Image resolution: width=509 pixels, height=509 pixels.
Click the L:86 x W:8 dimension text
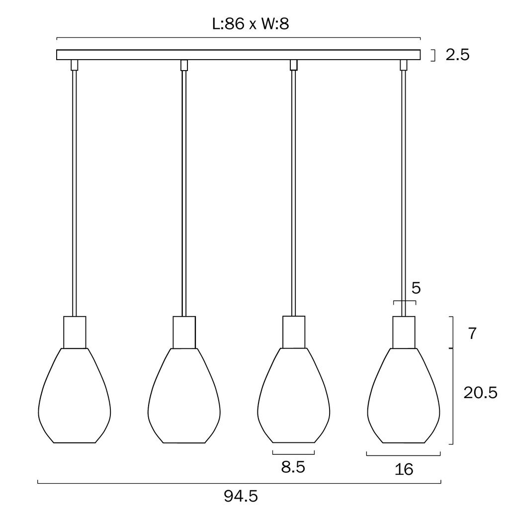[251, 24]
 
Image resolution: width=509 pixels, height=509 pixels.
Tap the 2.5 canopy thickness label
[458, 55]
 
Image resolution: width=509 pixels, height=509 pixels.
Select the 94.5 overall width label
[241, 496]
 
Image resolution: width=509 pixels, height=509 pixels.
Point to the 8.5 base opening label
[293, 467]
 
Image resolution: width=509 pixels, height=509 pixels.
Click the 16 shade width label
[404, 469]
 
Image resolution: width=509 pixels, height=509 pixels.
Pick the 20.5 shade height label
[481, 393]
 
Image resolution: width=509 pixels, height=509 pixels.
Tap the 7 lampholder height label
[472, 334]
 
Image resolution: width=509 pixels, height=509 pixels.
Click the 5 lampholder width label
[416, 288]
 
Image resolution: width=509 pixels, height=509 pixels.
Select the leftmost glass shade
[75, 395]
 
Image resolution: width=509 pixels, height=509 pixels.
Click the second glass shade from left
[184, 395]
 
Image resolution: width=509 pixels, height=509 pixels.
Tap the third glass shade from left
[294, 395]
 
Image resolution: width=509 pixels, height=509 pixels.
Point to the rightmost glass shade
[404, 395]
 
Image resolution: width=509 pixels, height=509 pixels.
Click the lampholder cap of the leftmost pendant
[75, 332]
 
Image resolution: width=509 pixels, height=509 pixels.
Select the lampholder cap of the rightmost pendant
[404, 332]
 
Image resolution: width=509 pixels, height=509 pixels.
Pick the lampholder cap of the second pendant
[184, 332]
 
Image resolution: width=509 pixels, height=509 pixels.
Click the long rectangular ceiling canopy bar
[239, 55]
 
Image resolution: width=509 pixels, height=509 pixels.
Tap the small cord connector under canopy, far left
[75, 65]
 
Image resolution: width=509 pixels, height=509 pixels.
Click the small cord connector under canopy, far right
[404, 65]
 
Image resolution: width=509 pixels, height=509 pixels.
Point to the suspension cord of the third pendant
[294, 193]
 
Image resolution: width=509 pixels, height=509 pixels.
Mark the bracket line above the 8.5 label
[294, 454]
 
